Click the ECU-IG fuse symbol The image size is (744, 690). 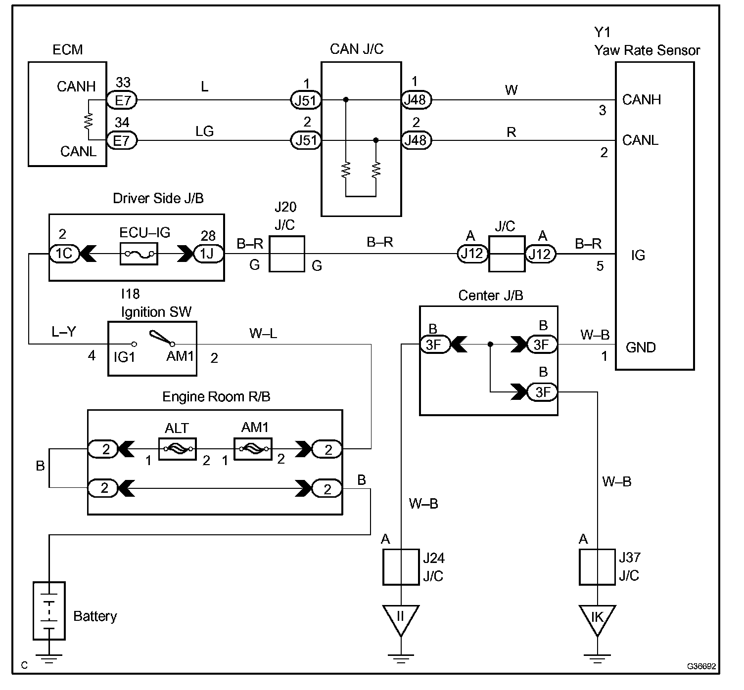coord(139,254)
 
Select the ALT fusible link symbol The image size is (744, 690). coord(178,449)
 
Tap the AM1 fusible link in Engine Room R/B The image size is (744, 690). coord(253,449)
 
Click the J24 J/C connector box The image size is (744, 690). coord(401,567)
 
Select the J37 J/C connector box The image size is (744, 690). coord(597,567)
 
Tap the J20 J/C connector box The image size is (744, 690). coord(287,254)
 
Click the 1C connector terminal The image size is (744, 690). coord(64,254)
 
